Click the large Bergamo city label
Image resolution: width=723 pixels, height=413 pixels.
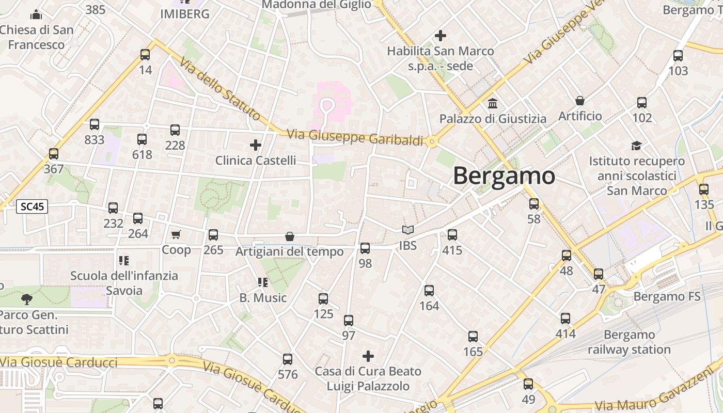click(504, 176)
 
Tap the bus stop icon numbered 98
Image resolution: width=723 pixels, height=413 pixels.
click(365, 248)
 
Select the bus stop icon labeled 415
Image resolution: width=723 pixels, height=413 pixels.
click(452, 235)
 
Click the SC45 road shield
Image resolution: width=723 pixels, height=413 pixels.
click(32, 207)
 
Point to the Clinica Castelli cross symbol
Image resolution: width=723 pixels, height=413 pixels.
click(256, 145)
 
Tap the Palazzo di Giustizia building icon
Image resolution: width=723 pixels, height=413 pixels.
click(493, 103)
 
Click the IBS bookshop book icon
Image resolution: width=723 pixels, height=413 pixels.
click(408, 230)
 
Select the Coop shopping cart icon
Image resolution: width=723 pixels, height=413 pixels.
click(176, 235)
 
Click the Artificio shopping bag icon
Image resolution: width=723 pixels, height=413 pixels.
click(580, 101)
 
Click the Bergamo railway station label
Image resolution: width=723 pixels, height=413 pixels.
click(629, 342)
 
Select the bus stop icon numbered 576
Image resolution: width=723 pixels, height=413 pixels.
click(288, 359)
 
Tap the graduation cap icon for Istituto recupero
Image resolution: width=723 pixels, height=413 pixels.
click(636, 146)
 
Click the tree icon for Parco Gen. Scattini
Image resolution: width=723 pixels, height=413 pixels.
click(26, 299)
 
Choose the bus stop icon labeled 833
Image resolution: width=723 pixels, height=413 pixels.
click(95, 124)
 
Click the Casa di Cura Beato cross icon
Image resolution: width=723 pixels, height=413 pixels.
click(368, 356)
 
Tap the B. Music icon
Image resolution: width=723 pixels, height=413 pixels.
click(263, 282)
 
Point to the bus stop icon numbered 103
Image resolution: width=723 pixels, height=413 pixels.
click(678, 56)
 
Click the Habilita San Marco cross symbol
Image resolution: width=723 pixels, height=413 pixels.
click(441, 36)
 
